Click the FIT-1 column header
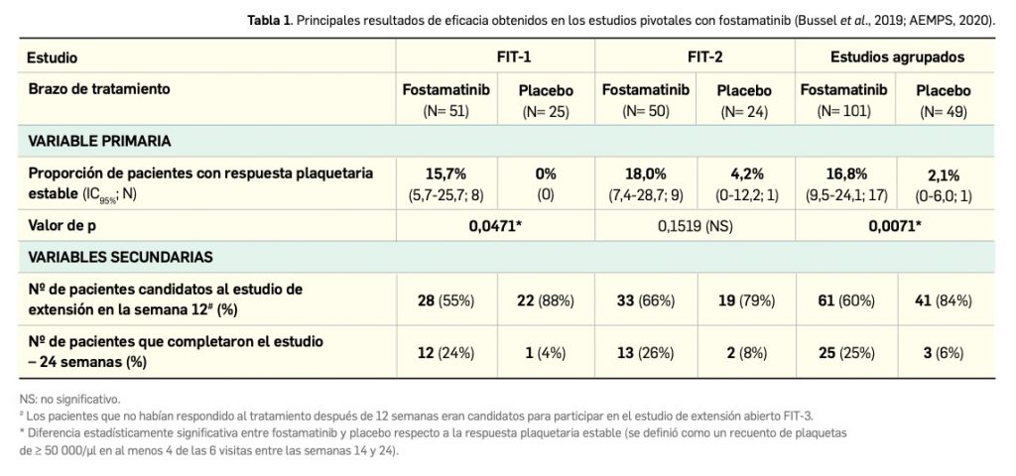tap(496, 58)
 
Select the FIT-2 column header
tap(696, 58)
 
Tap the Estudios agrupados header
tap(897, 58)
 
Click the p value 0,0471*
tap(496, 225)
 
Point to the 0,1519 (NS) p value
tap(696, 225)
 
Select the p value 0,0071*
tap(897, 225)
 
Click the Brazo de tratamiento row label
tap(99, 88)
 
